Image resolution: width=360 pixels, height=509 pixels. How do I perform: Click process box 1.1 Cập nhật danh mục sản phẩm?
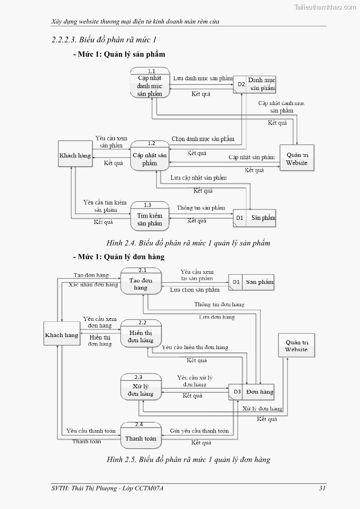(x=150, y=82)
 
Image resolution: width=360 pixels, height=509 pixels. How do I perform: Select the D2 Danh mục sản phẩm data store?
(x=254, y=84)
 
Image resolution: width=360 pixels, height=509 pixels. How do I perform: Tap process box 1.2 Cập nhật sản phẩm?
(x=150, y=156)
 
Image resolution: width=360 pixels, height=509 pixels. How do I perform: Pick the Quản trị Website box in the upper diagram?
(x=297, y=158)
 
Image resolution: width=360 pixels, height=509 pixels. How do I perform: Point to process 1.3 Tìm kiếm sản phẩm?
(x=150, y=216)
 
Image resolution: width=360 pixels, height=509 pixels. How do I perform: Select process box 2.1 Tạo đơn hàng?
(x=141, y=281)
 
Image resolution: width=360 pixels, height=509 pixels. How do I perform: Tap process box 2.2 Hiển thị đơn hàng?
(x=141, y=334)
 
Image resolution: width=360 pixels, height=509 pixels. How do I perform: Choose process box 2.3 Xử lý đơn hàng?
(x=141, y=388)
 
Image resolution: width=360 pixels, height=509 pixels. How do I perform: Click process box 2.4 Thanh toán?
(x=141, y=435)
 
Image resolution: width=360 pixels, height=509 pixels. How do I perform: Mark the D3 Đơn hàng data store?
(x=251, y=392)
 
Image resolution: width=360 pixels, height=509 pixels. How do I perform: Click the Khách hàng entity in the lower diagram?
(x=62, y=335)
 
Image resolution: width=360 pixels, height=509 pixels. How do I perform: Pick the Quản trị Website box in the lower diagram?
(x=296, y=346)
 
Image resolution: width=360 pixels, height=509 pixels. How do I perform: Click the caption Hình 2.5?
(x=188, y=460)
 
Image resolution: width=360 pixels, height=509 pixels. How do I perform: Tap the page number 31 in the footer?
(x=322, y=488)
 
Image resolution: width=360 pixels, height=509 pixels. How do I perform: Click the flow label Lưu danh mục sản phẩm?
(x=203, y=78)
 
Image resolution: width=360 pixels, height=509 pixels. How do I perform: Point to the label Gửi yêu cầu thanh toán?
(x=199, y=431)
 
